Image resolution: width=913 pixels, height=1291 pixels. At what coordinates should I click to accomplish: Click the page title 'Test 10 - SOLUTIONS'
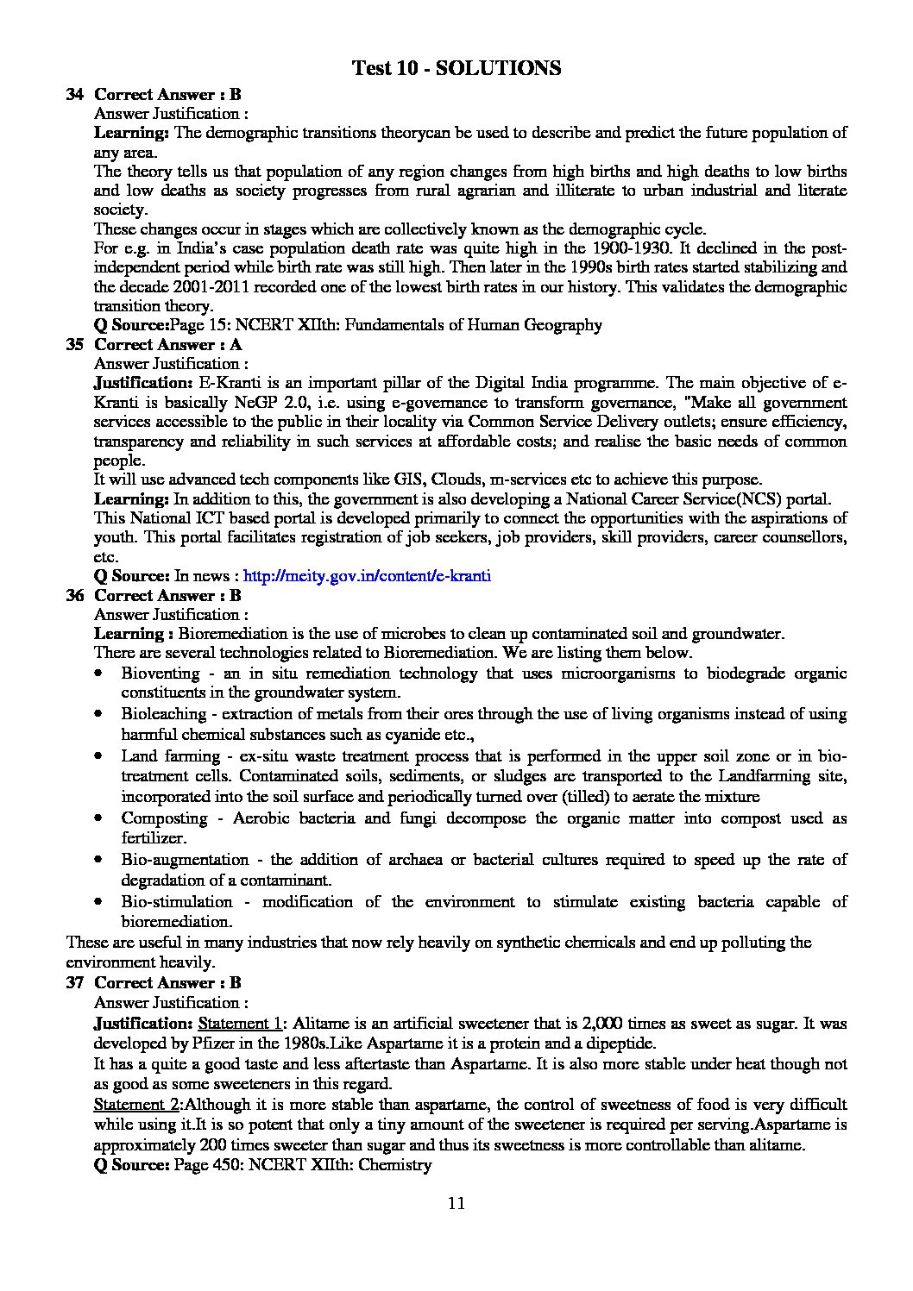coord(456,68)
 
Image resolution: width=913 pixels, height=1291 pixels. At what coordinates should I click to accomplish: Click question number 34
coord(74,95)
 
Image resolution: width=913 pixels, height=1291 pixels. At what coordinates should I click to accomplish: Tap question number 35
coord(74,345)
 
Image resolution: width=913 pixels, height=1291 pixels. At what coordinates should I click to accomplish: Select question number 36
coord(74,595)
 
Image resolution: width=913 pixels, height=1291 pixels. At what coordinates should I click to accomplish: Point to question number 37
coord(74,982)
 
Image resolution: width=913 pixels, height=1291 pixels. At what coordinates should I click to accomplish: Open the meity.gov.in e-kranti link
coord(368,575)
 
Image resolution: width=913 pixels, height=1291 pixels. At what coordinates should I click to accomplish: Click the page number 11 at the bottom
coord(456,1204)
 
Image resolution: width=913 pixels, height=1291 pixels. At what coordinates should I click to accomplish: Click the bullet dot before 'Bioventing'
coord(102,674)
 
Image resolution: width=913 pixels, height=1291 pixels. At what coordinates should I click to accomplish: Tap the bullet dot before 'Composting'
coord(102,818)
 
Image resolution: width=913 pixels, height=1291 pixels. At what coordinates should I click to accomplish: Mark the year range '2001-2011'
coord(196,287)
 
